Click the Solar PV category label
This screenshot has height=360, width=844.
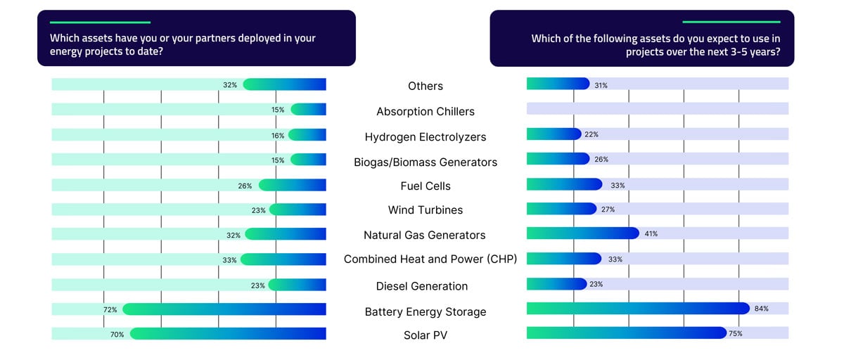426,335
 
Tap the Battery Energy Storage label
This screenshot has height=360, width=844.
426,311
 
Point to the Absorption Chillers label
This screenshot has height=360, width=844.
426,111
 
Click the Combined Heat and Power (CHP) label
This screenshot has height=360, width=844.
430,259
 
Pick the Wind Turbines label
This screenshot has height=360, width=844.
426,210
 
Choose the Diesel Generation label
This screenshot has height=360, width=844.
422,285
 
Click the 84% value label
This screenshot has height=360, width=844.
762,309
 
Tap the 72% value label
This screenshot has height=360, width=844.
110,309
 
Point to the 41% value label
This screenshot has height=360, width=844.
651,233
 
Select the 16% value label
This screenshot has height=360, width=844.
278,135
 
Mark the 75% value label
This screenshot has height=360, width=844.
736,333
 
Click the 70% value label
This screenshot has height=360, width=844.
117,335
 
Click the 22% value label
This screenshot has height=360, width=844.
591,134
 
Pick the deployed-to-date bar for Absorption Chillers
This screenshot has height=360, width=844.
309,109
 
